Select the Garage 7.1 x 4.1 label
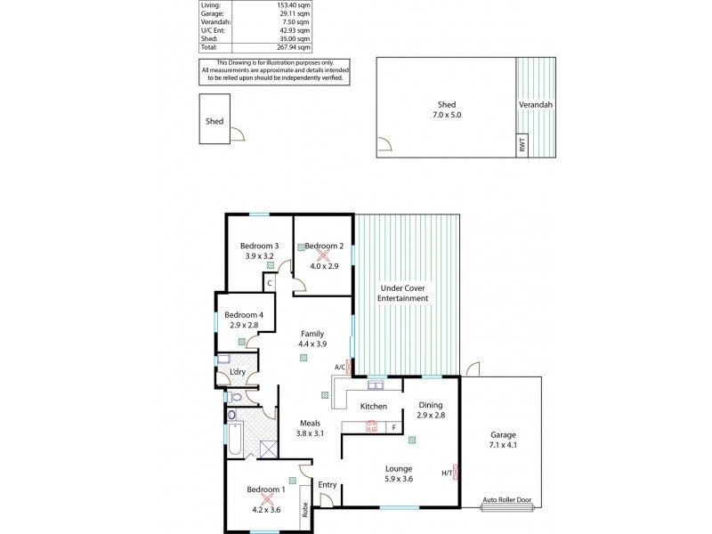coord(502,440)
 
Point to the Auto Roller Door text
coord(508,499)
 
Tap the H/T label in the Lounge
coord(446,473)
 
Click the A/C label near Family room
coord(339,367)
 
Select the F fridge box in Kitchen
coord(393,427)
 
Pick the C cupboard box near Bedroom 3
coord(268,283)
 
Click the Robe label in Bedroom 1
coord(304,510)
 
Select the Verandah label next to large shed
coord(536,104)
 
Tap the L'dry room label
coord(238,371)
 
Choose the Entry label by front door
coord(328,485)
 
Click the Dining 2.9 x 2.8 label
coord(432,409)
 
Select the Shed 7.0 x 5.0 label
coord(447,109)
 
